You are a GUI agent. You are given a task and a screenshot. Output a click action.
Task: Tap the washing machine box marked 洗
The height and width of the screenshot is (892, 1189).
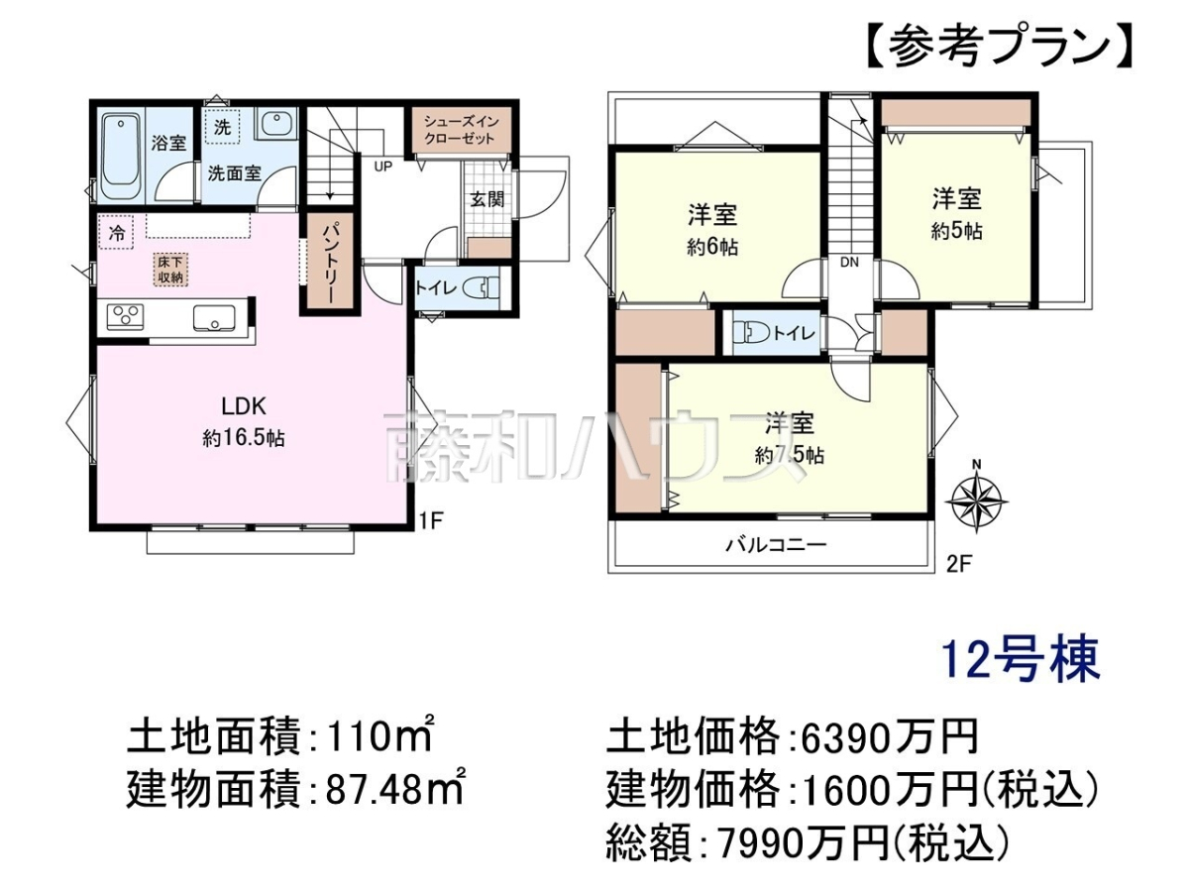tap(222, 128)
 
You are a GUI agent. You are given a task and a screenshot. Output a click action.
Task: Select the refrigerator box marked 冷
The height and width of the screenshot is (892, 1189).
tap(117, 233)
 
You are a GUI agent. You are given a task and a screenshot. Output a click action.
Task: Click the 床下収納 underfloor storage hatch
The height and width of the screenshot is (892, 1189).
tap(170, 270)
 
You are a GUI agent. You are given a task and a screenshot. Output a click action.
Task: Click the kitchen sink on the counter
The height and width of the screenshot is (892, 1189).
tap(214, 318)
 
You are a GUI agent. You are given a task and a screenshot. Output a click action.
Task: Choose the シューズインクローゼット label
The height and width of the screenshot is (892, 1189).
tap(460, 131)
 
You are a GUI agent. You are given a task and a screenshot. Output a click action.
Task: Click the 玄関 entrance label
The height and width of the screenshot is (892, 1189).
tap(486, 199)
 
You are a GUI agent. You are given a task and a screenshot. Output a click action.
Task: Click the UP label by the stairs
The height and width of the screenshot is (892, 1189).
tap(383, 167)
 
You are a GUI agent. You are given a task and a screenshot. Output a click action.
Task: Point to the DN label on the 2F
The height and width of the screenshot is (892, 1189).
tap(849, 263)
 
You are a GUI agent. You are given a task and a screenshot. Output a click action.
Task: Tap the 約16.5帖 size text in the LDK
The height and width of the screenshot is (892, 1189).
tap(244, 438)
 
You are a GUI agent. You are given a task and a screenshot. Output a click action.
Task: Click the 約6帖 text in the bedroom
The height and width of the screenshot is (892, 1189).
tap(712, 248)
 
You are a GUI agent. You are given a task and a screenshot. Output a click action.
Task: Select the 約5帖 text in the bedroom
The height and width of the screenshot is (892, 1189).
tap(957, 231)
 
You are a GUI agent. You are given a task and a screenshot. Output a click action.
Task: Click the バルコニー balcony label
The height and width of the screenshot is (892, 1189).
tap(776, 544)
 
